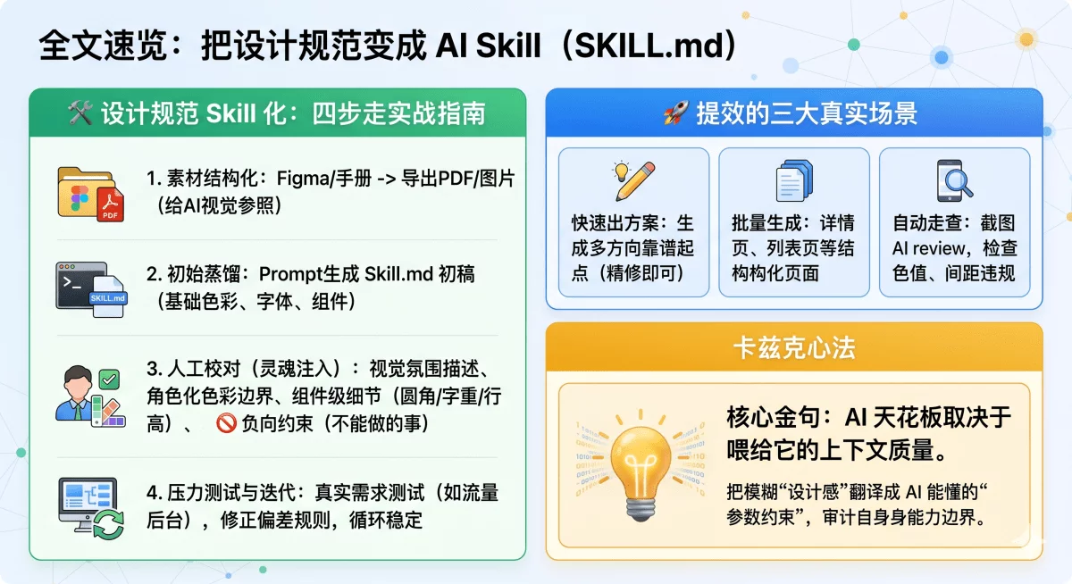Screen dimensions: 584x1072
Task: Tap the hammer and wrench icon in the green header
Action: tap(81, 114)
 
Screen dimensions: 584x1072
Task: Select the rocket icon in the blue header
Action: tap(674, 114)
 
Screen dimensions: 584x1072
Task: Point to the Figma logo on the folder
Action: tap(78, 195)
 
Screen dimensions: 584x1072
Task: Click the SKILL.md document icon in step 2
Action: tap(105, 296)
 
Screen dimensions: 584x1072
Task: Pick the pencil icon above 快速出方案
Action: tap(634, 181)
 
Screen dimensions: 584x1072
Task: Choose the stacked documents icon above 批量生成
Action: tap(793, 181)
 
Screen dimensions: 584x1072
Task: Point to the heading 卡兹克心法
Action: tap(793, 348)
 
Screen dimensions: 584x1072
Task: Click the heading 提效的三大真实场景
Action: tap(806, 114)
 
